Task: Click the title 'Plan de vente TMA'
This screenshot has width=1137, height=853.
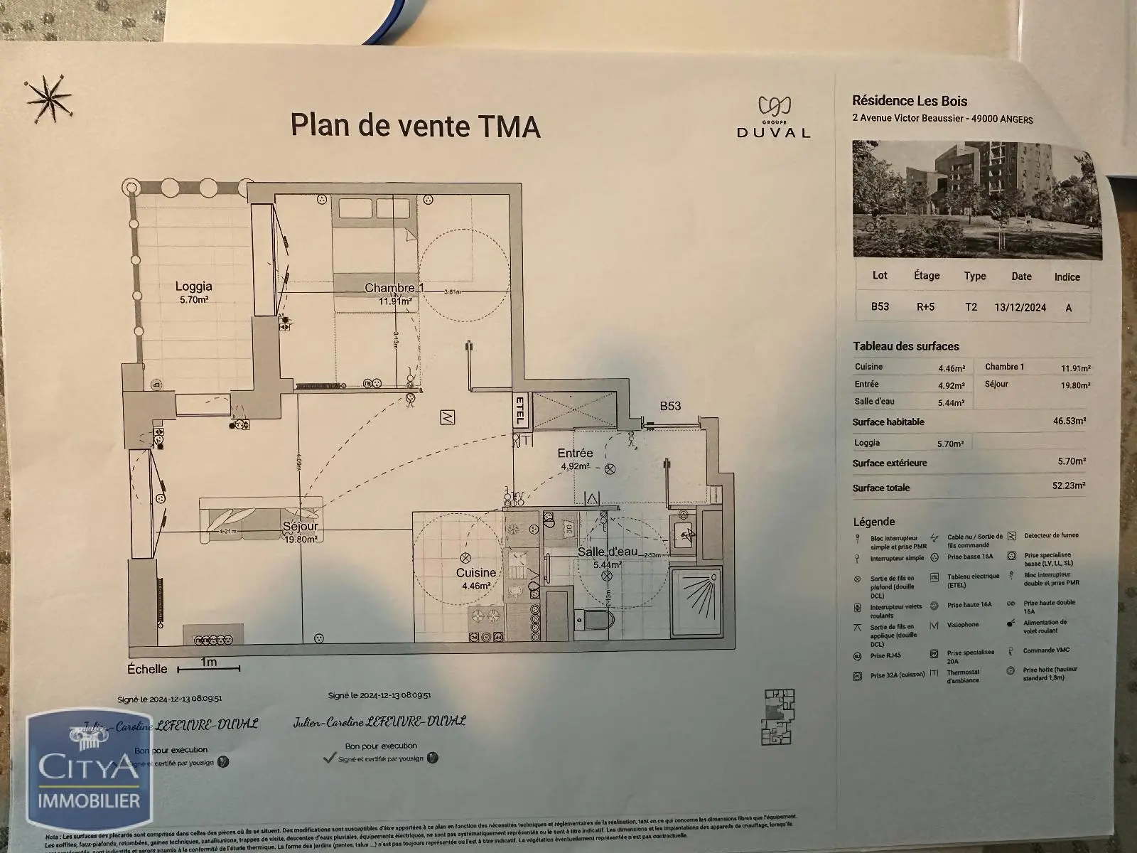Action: click(x=416, y=125)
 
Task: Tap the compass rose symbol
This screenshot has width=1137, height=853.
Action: click(x=47, y=98)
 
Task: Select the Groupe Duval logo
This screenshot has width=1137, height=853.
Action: click(x=773, y=118)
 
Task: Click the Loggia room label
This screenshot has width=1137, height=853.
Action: click(x=193, y=286)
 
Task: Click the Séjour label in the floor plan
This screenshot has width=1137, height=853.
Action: click(x=299, y=527)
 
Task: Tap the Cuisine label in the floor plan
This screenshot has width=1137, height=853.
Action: click(x=475, y=573)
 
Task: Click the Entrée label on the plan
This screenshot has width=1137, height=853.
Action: click(x=575, y=453)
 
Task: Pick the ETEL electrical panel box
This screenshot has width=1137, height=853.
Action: click(x=519, y=411)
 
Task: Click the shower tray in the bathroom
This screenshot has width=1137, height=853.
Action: click(x=696, y=601)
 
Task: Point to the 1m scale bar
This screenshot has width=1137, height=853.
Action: click(x=208, y=667)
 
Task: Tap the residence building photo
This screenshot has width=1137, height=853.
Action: click(x=977, y=198)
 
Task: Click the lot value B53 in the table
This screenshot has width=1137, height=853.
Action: click(x=880, y=307)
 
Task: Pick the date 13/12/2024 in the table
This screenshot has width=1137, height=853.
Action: click(x=1020, y=308)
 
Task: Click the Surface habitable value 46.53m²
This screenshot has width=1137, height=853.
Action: click(x=1069, y=421)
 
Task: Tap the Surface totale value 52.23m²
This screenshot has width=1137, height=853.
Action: click(x=1069, y=486)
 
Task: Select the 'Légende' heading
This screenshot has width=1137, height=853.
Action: click(x=873, y=522)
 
